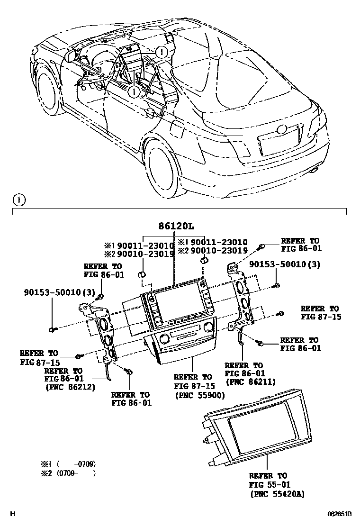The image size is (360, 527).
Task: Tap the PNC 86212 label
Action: (71, 387)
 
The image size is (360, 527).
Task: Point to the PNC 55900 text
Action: (199, 395)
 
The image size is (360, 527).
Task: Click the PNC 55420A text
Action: (277, 494)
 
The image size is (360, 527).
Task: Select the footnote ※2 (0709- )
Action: (69, 473)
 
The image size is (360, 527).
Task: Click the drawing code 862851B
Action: (340, 514)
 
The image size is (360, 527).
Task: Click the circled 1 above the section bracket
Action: (18, 200)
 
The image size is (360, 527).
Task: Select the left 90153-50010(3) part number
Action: (60, 292)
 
